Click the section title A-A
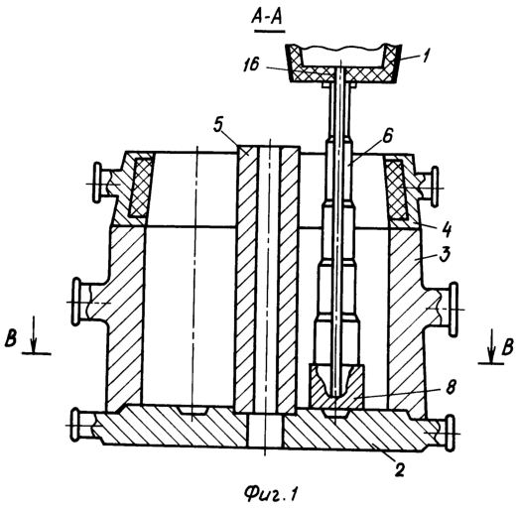click(267, 17)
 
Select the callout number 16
click(251, 64)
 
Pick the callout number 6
click(388, 135)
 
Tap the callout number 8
click(450, 386)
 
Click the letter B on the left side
click(11, 338)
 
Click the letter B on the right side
click(507, 347)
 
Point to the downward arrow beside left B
click(33, 335)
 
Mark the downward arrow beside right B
click(491, 345)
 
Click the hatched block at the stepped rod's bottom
click(336, 387)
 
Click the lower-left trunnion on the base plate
click(84, 426)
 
